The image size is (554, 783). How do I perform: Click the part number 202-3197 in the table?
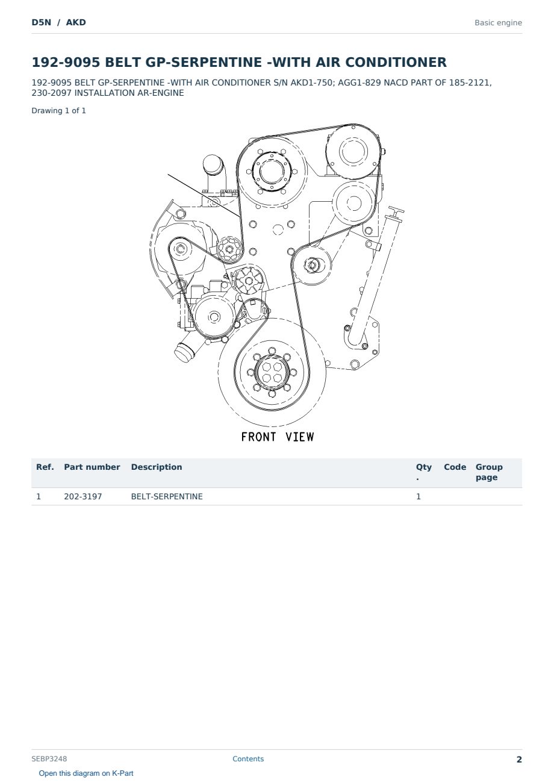click(x=83, y=496)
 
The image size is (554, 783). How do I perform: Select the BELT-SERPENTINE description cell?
click(x=167, y=496)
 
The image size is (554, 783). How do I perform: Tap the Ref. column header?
click(x=45, y=467)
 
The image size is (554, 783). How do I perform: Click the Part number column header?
click(x=92, y=467)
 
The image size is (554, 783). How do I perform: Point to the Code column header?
click(x=455, y=467)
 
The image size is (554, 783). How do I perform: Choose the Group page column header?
click(x=489, y=472)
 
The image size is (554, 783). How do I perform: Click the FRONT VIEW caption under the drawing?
click(x=278, y=437)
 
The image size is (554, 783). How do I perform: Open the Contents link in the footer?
click(x=248, y=759)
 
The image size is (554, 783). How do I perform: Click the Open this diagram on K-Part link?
click(x=86, y=773)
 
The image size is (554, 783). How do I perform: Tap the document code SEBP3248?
click(x=49, y=759)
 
